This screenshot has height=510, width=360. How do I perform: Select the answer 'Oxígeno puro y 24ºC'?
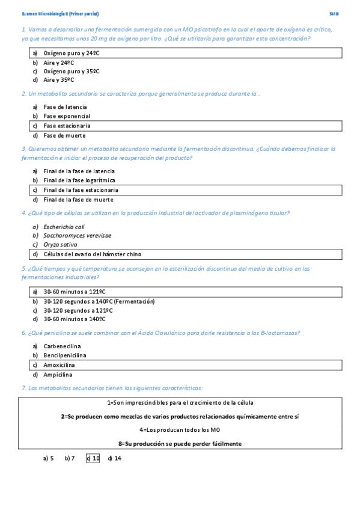pos(72,53)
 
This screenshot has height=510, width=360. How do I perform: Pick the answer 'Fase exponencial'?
pos(67,116)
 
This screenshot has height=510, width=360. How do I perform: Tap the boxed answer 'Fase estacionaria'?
pos(67,126)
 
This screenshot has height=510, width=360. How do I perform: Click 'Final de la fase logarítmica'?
pos(79,180)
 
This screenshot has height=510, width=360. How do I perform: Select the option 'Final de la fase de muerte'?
pos(78,200)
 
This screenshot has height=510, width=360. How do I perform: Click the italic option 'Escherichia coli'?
pos(64,227)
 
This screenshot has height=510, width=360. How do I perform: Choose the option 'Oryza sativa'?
pos(60,245)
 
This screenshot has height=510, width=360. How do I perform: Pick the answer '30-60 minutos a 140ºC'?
pos(75,319)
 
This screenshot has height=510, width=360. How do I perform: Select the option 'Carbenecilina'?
pos(62,346)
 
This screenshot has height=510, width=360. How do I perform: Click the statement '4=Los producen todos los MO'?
pos(180,430)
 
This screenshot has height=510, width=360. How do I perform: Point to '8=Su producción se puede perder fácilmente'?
pos(180,444)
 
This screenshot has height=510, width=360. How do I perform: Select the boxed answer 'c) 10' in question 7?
pos(93,458)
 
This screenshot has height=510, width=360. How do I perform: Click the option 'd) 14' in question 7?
pos(115,458)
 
